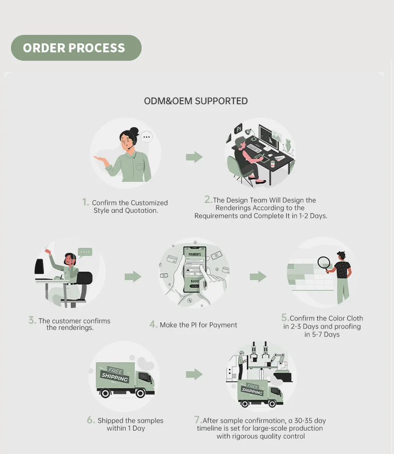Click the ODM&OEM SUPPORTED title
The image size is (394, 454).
click(x=196, y=101)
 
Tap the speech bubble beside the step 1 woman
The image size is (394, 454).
click(x=146, y=136)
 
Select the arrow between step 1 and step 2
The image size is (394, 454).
click(x=194, y=157)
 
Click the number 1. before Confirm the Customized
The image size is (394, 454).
click(x=86, y=202)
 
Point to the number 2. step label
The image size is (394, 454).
click(x=208, y=199)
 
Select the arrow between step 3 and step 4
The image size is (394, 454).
click(x=133, y=277)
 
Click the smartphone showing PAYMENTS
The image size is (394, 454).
click(x=195, y=270)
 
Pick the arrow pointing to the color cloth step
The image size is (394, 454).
click(x=257, y=277)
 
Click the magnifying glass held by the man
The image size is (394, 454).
click(x=325, y=262)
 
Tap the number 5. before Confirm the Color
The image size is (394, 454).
click(x=285, y=317)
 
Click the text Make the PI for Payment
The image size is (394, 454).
click(x=198, y=325)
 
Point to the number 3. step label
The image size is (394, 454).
click(x=32, y=320)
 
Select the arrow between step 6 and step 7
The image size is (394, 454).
click(x=194, y=374)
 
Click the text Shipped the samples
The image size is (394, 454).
click(x=130, y=421)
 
